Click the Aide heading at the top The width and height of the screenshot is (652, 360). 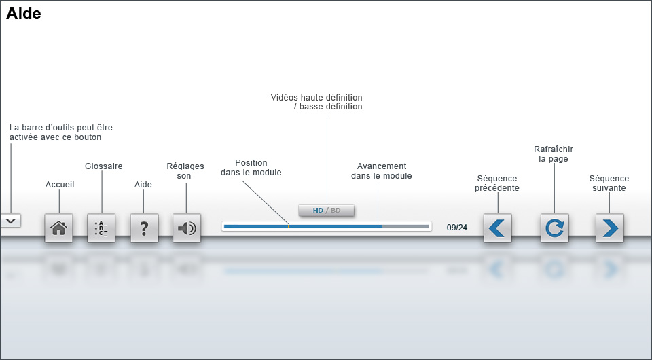click(x=24, y=14)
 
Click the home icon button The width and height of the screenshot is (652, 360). click(x=58, y=228)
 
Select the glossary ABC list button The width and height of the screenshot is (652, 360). click(x=101, y=228)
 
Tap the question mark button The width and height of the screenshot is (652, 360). click(x=144, y=228)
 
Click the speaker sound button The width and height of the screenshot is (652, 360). click(x=187, y=228)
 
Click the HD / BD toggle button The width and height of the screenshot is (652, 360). click(x=327, y=211)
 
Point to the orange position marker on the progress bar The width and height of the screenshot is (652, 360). click(x=289, y=226)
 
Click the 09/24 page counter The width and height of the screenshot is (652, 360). click(x=457, y=228)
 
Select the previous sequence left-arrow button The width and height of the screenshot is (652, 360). click(x=497, y=228)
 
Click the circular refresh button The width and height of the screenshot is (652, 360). click(x=555, y=228)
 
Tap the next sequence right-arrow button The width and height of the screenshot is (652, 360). click(x=609, y=228)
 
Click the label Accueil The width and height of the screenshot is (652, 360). click(x=60, y=185)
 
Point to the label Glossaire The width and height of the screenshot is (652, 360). click(x=104, y=166)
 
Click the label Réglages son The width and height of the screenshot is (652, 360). click(x=185, y=171)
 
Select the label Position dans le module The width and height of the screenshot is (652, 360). click(x=251, y=168)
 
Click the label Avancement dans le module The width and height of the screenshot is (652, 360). click(x=382, y=171)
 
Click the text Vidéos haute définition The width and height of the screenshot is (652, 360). click(x=316, y=98)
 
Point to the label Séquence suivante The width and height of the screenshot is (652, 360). click(x=609, y=183)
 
